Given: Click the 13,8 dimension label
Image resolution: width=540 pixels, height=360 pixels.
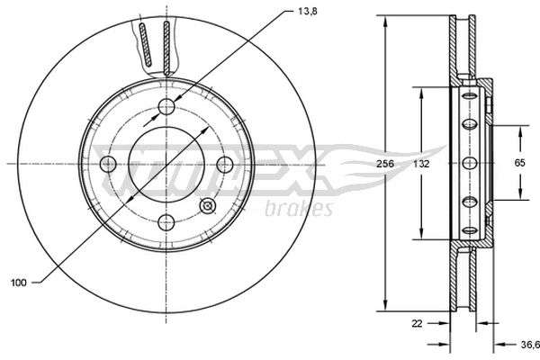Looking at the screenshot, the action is [308, 12].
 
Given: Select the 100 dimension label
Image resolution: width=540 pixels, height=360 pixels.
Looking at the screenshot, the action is [19, 283].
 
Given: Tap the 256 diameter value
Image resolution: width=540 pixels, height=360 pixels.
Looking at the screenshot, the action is [385, 164].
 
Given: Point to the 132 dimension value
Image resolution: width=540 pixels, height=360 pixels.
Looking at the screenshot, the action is [421, 164].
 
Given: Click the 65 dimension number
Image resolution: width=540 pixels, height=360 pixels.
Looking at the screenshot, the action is [519, 163].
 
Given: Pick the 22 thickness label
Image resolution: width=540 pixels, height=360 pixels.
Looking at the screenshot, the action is [417, 323].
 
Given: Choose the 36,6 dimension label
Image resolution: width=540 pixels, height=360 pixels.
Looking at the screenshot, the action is [530, 344].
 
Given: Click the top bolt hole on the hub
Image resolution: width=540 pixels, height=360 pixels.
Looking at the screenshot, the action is [166, 107].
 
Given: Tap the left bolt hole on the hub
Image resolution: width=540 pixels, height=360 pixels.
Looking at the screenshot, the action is [108, 164].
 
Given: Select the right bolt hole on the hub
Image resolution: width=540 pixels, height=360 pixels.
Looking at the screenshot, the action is [225, 164].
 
